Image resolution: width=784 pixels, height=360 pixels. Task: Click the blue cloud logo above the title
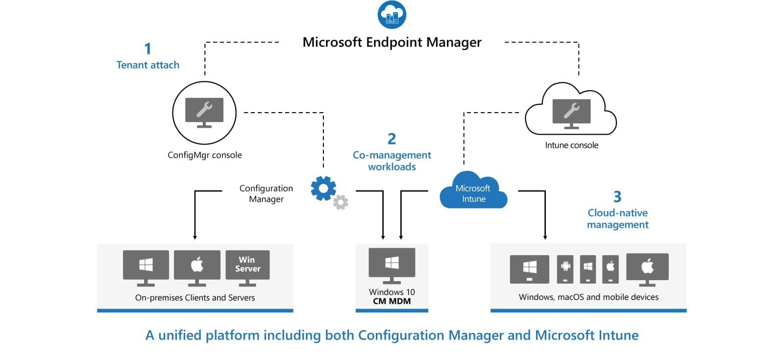point(392,15)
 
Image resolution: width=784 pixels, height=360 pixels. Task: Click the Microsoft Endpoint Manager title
point(392,42)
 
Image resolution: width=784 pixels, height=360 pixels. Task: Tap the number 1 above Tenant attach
point(147,48)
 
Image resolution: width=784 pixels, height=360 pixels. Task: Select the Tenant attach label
point(147,65)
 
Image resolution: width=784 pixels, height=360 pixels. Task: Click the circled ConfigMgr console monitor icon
point(204,113)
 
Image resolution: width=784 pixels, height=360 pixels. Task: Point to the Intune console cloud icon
point(571,110)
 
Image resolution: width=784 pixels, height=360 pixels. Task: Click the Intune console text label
point(571,145)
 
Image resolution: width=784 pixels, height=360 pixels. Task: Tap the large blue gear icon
point(323,188)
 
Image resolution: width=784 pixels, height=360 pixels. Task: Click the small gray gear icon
point(341,202)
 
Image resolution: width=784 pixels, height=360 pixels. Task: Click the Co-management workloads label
point(392,161)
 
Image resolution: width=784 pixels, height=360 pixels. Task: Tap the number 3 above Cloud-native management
point(617,196)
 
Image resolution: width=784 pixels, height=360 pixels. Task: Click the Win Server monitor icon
point(247,267)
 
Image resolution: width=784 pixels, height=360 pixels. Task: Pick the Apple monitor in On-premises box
point(197,267)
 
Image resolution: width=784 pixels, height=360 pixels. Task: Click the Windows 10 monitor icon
point(392,264)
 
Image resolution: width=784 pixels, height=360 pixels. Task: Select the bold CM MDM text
point(392,301)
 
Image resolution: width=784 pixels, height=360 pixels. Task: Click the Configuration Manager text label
point(266,193)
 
